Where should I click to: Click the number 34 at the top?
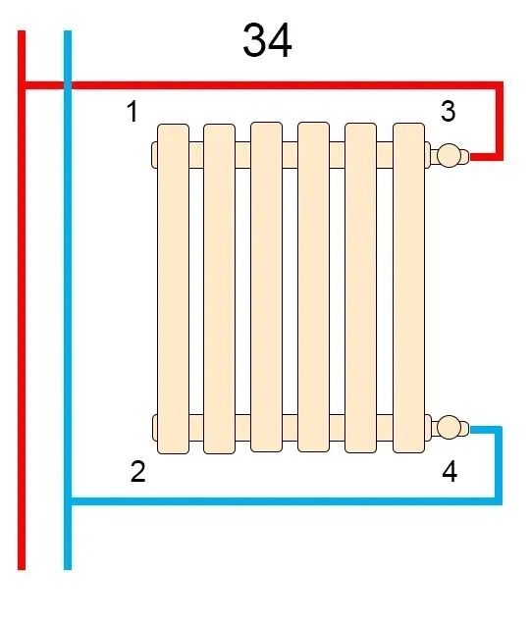click(x=267, y=40)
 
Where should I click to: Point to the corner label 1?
click(x=132, y=111)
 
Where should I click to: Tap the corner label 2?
click(x=137, y=471)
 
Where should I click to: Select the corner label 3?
click(x=448, y=111)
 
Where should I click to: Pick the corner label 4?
click(x=450, y=471)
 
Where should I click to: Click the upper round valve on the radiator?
click(x=448, y=155)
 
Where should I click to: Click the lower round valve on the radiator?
click(x=448, y=427)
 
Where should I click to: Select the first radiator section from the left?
click(x=173, y=288)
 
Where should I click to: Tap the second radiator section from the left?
click(x=220, y=288)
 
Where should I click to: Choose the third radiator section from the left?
click(x=266, y=288)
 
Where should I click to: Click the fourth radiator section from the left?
click(x=314, y=288)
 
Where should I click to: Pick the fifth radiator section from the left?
click(x=360, y=288)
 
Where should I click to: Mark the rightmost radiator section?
click(x=408, y=288)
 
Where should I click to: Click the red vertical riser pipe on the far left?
click(x=22, y=300)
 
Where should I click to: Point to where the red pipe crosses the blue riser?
click(x=68, y=85)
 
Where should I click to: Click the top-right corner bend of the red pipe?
click(x=500, y=85)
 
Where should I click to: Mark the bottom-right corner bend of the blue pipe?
click(x=498, y=501)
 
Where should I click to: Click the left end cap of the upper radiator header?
click(x=154, y=155)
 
